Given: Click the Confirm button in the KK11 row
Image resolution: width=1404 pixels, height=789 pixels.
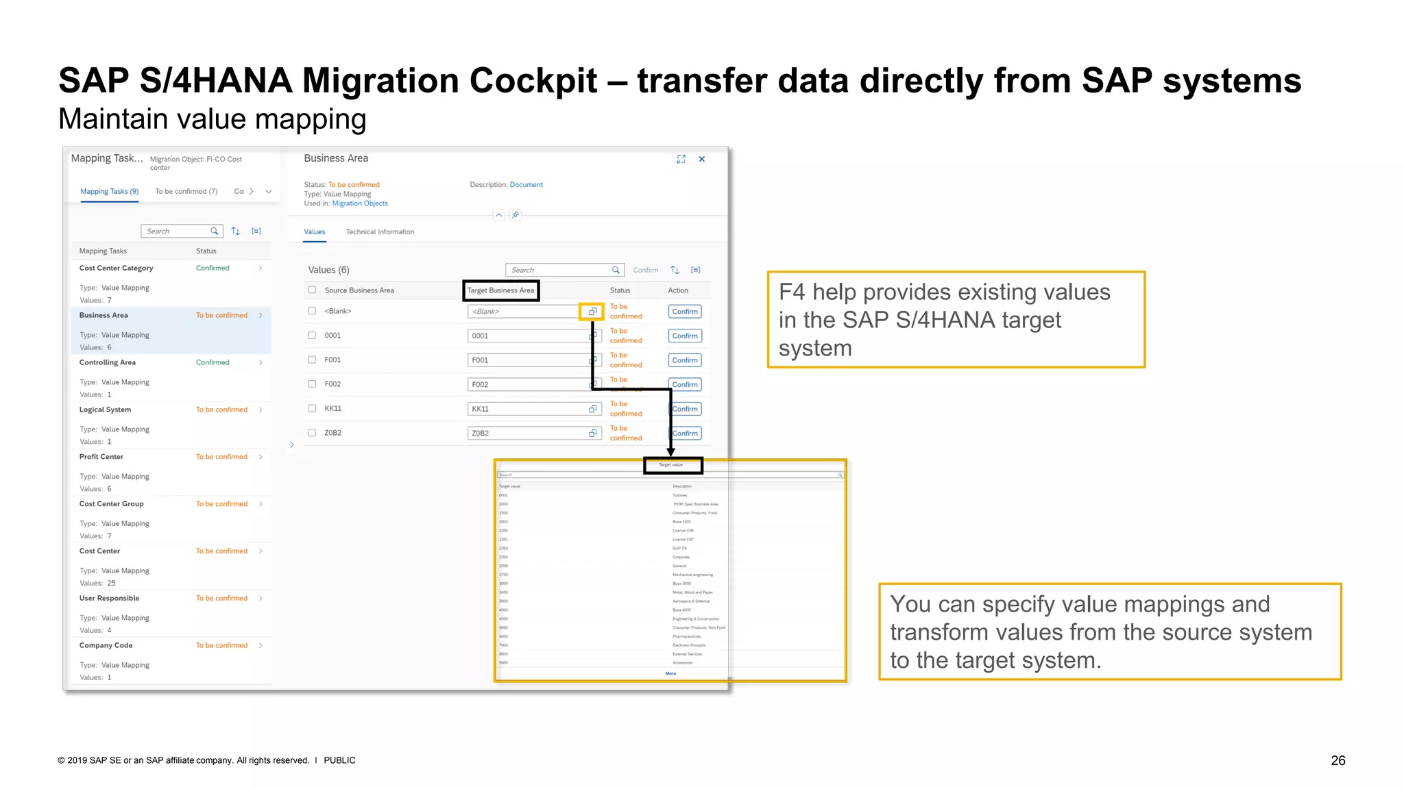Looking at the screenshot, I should [685, 409].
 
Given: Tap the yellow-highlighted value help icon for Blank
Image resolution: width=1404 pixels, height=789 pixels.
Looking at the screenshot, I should [592, 312].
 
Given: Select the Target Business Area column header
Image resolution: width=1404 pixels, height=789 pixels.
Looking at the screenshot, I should [500, 290].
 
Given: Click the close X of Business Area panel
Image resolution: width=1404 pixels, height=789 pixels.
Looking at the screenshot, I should [701, 159].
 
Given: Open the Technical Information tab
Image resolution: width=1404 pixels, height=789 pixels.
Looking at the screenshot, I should [380, 232].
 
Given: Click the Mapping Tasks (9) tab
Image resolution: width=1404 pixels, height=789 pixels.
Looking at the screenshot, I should [109, 192].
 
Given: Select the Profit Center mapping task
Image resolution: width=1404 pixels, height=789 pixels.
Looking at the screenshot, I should [101, 457].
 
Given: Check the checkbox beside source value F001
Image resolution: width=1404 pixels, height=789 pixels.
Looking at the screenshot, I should [312, 360].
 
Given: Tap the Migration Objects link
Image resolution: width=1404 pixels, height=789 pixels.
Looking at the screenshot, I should [360, 203].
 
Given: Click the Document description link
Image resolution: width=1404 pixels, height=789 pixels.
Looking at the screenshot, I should [526, 185].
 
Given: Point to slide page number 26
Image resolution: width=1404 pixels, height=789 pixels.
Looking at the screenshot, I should [1338, 760].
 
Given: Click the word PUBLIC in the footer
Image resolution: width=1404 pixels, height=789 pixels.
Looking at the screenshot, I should [339, 760].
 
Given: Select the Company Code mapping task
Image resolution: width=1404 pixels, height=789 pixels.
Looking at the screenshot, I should [106, 645].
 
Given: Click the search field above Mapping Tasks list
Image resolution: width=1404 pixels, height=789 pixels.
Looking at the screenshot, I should [176, 231].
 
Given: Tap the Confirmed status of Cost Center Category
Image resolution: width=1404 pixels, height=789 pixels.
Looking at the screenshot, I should [213, 268].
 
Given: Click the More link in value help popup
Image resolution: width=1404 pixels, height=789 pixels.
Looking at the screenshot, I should [670, 673].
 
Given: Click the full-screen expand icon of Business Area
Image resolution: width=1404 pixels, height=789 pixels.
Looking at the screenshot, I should [681, 159].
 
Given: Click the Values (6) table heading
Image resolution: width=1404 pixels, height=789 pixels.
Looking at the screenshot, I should [328, 270].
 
